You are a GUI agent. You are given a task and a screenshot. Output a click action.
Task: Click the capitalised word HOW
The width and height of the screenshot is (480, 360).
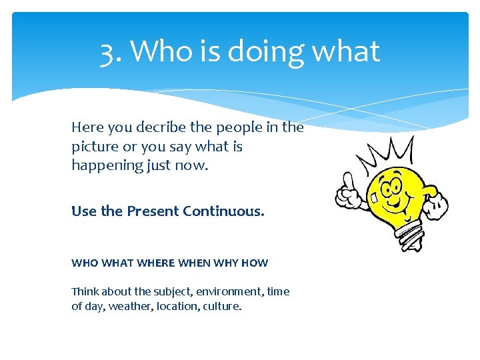point(255,263)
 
